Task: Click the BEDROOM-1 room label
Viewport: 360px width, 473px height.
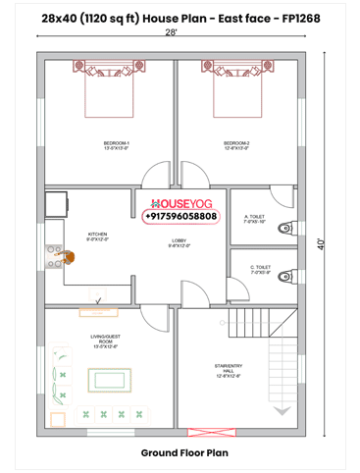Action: pyautogui.click(x=116, y=145)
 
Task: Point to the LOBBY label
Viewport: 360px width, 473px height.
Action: pyautogui.click(x=180, y=242)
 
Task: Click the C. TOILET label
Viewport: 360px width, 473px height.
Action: pyautogui.click(x=260, y=270)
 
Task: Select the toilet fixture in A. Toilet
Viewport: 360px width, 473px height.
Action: pyautogui.click(x=285, y=228)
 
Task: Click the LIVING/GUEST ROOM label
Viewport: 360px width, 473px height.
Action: pyautogui.click(x=104, y=341)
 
